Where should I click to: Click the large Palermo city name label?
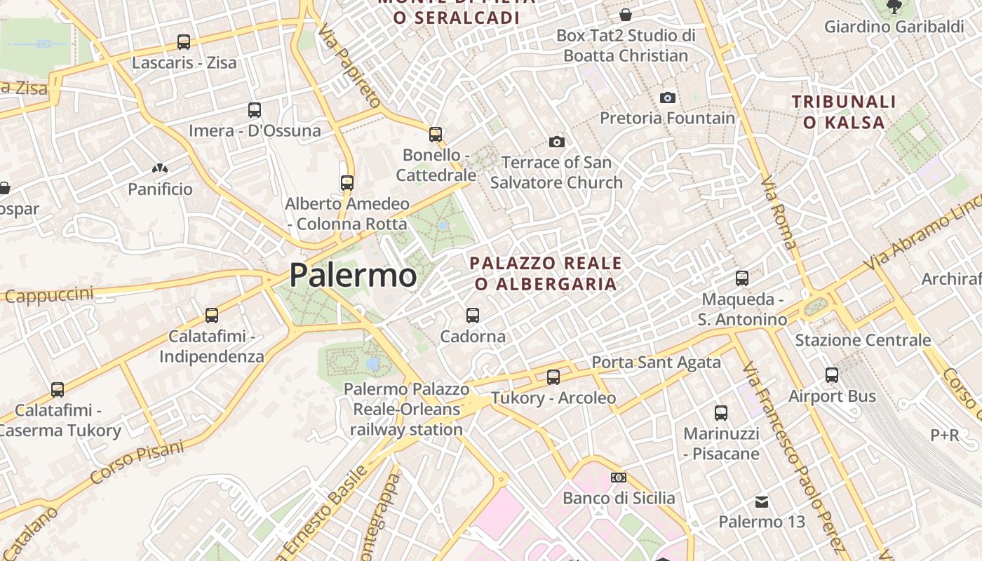point(353,275)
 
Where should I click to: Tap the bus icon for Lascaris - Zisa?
point(184,42)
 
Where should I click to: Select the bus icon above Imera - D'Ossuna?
point(255,110)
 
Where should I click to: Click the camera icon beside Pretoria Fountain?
point(668,97)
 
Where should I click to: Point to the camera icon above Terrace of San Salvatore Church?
point(557,142)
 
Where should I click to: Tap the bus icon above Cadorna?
point(473,316)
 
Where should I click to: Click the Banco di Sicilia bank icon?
point(619,478)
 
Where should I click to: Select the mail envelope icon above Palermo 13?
point(761,502)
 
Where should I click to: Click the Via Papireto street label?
point(349,65)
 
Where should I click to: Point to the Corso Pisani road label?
point(137,462)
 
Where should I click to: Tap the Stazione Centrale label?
point(863,340)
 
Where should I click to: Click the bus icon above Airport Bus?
point(832,375)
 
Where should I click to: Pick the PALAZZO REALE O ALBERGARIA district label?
point(545,273)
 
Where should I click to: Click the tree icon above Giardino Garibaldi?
point(894,7)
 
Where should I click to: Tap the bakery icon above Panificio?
point(160,169)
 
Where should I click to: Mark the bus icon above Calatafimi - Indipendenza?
point(212,316)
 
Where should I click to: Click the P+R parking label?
point(944,435)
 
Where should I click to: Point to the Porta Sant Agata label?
point(656,362)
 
